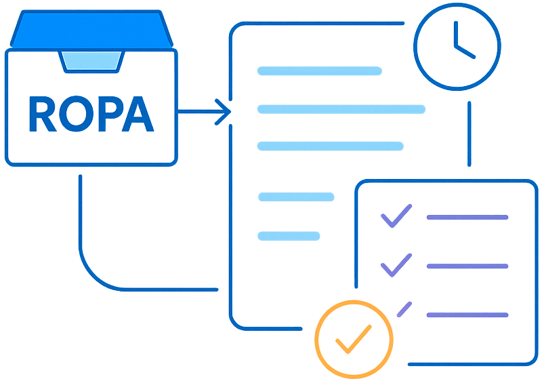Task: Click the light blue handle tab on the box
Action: tap(91, 61)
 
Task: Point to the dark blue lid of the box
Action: tap(91, 31)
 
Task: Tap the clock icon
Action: tap(457, 46)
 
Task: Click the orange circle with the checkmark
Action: tap(353, 339)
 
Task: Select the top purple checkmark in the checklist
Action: tap(396, 216)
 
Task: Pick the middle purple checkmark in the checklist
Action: tap(396, 265)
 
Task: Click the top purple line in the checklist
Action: tap(467, 218)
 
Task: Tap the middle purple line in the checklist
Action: tap(467, 266)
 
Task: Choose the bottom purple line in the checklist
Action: tap(467, 315)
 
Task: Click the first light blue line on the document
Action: tap(319, 70)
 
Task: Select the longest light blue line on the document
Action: tap(341, 109)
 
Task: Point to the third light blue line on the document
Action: tap(330, 146)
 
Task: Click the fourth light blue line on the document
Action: tap(296, 197)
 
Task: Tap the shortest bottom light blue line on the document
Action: tap(289, 236)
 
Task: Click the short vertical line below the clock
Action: tap(469, 134)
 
